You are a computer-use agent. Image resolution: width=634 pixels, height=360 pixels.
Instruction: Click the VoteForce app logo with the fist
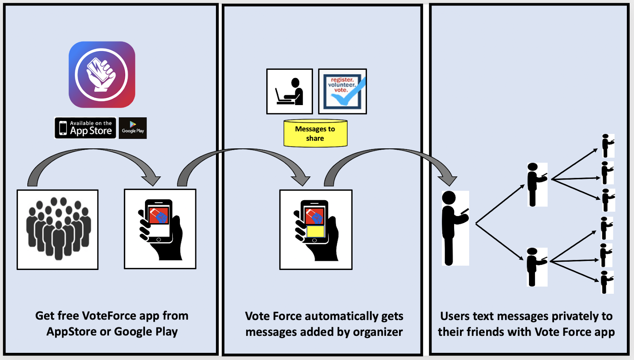(x=102, y=75)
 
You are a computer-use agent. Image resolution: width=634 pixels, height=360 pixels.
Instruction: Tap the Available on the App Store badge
(x=85, y=128)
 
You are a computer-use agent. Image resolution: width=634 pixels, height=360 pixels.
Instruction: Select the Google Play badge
(x=133, y=128)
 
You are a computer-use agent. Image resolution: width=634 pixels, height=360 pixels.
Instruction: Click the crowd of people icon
(x=58, y=230)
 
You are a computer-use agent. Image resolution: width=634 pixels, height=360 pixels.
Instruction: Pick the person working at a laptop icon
(x=290, y=92)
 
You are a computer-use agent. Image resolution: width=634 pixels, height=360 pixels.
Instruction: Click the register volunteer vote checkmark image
(x=342, y=92)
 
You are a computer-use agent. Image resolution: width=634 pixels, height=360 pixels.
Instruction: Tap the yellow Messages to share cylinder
(x=315, y=134)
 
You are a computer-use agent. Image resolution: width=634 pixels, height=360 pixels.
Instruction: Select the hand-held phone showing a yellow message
(x=316, y=230)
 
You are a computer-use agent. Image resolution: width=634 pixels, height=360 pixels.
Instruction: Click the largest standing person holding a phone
(x=454, y=228)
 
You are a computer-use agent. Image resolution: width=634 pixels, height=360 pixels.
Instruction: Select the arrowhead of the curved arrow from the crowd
(x=152, y=180)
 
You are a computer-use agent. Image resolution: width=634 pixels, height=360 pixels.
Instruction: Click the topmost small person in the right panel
(x=607, y=146)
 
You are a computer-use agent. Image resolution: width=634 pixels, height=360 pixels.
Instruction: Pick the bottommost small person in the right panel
(x=606, y=282)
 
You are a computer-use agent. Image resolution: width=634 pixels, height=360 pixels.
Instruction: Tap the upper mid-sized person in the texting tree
(x=536, y=184)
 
